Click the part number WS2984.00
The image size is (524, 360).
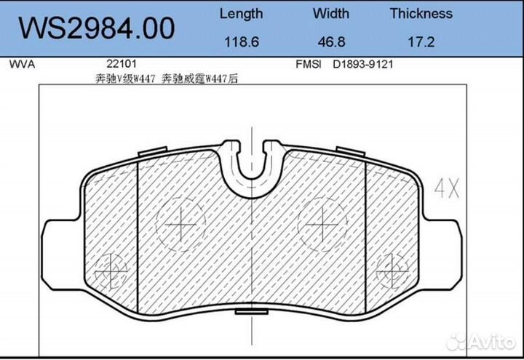96,28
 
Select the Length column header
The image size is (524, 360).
241,14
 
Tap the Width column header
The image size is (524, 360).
331,14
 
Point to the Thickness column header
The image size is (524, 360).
421,14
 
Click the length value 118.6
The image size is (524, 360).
241,42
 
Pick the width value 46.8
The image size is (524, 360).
331,42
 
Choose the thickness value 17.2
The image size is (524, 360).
421,42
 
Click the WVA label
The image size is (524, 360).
22,64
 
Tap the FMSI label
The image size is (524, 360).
309,64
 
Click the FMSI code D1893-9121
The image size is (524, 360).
363,64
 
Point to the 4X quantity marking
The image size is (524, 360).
446,191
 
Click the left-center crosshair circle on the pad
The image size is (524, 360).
180,224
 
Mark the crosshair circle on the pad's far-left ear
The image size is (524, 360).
108,269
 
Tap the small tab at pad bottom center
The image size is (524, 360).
251,311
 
